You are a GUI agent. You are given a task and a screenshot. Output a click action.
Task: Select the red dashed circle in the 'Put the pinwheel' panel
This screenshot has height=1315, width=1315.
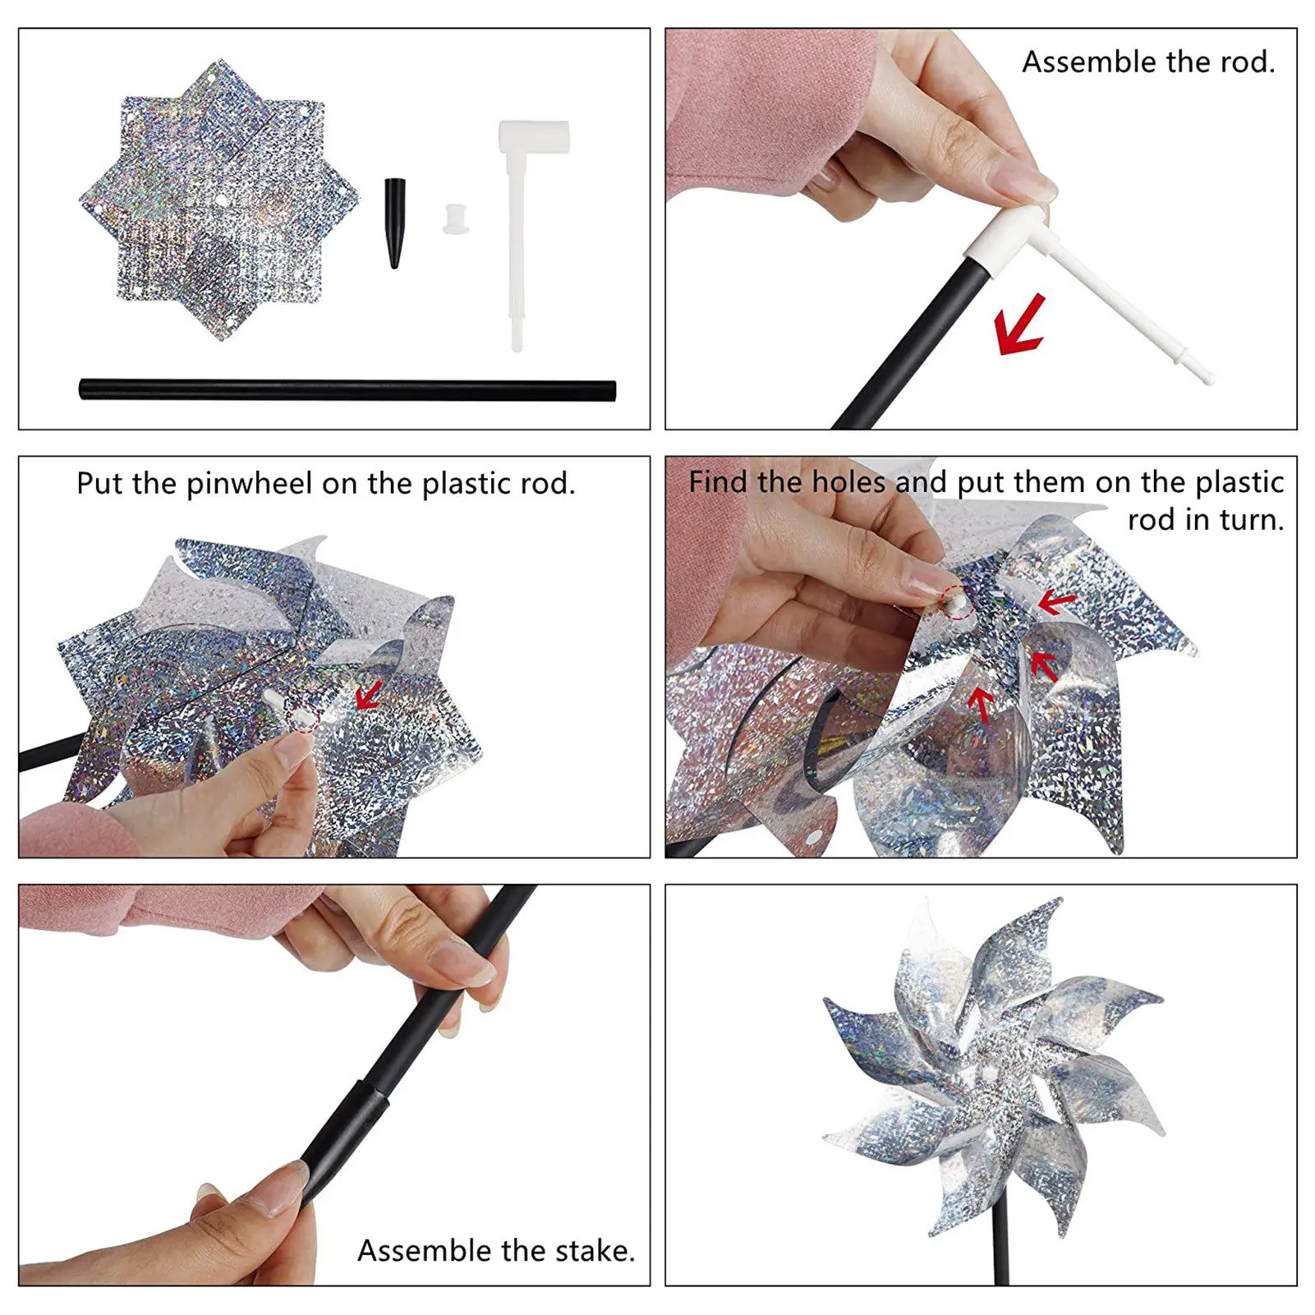306,717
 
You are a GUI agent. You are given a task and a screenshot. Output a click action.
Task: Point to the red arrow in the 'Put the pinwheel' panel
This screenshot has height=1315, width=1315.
369,696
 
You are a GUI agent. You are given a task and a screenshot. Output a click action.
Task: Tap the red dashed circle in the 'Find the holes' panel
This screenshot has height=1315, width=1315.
957,602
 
